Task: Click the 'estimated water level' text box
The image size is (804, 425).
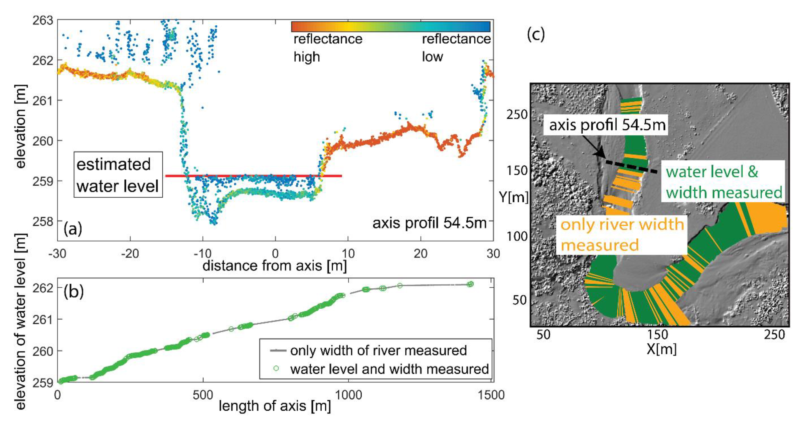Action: (118, 175)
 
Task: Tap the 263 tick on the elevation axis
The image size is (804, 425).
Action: (43, 20)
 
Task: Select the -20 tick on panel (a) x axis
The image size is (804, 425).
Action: (130, 253)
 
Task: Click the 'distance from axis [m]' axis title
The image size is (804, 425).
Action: (275, 266)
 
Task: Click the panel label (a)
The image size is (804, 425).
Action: (73, 229)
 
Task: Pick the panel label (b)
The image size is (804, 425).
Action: (73, 292)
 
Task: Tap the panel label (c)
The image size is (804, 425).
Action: (536, 35)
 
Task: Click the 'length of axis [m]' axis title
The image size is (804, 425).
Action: (275, 406)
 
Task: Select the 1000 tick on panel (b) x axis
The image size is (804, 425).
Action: (348, 395)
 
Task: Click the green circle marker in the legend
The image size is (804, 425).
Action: (276, 368)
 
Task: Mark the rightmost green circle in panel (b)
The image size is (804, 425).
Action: (471, 284)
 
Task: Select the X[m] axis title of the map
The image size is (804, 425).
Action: (661, 349)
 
